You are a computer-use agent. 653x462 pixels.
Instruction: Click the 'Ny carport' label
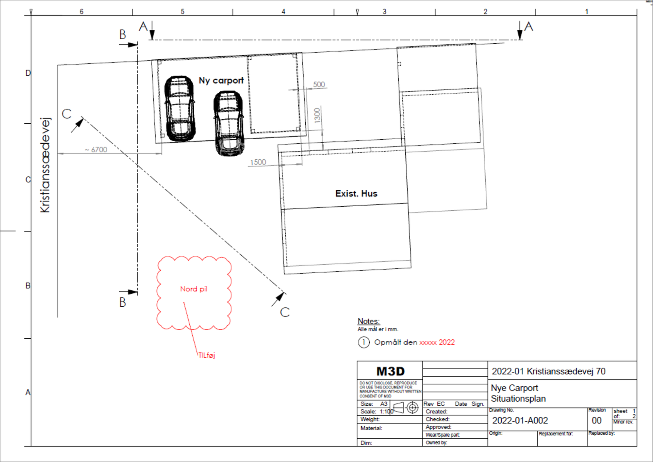[221, 80]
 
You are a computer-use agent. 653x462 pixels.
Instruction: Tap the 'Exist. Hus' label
[356, 194]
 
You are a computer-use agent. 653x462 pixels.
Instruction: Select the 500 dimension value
[319, 85]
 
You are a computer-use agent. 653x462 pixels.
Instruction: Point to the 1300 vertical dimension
[317, 115]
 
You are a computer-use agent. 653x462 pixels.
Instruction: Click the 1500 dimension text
[258, 162]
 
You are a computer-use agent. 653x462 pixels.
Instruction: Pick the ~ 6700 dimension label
[96, 150]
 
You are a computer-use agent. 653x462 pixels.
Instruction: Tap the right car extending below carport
[229, 123]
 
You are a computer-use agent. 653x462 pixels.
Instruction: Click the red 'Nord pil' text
[193, 289]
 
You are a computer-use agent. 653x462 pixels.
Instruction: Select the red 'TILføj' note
[207, 355]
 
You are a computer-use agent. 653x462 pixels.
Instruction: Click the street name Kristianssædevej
[45, 165]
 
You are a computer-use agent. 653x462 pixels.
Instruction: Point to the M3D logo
[390, 371]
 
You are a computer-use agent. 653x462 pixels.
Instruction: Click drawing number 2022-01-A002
[520, 420]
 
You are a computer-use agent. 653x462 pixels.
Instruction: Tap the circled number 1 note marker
[363, 342]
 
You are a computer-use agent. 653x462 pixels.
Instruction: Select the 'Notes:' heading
[369, 321]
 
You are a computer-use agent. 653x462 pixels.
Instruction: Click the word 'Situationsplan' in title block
[518, 399]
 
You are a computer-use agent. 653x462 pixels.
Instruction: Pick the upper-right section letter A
[529, 27]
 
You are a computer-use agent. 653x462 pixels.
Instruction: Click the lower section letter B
[122, 302]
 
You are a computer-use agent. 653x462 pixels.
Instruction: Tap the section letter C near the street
[67, 114]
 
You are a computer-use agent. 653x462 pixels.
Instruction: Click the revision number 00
[596, 420]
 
